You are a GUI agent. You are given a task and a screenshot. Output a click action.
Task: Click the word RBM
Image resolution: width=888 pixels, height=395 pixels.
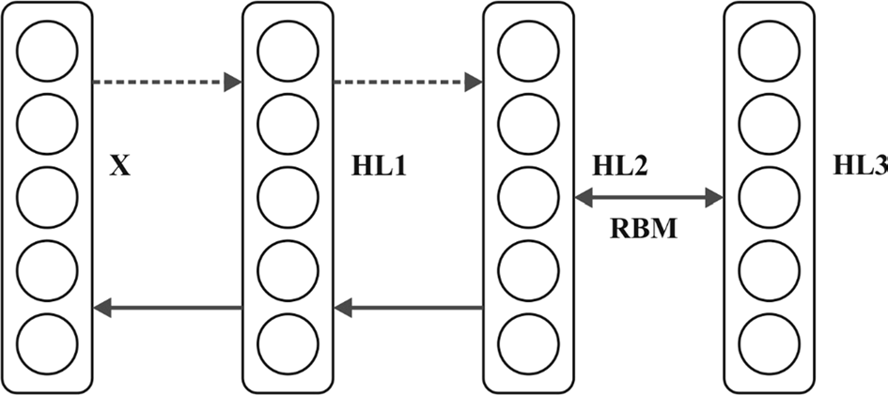tap(647, 229)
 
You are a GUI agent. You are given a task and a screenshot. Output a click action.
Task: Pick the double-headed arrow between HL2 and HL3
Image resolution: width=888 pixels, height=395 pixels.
tap(648, 198)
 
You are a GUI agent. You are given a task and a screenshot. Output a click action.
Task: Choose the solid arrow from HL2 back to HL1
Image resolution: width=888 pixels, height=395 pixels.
tap(408, 306)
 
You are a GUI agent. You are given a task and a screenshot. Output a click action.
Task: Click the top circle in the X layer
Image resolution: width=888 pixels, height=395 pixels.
tap(46, 49)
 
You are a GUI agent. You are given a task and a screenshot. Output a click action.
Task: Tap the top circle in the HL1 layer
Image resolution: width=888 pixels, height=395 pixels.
tap(287, 49)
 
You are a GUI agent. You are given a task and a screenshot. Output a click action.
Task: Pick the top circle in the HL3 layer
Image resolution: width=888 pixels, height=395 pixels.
tap(769, 49)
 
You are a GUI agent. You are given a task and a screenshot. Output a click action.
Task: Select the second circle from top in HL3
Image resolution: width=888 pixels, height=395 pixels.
tap(769, 122)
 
